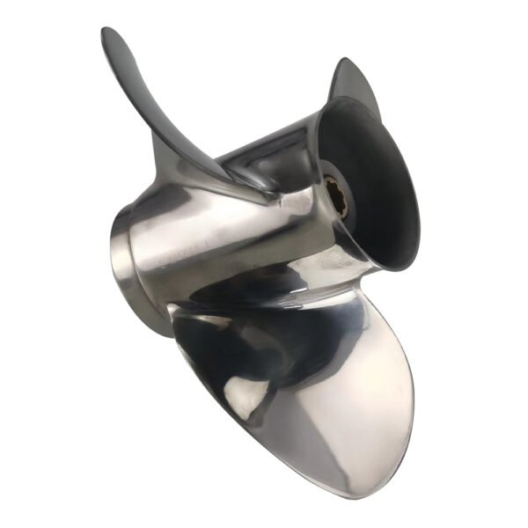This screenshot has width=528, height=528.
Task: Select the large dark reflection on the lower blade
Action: click(220, 352)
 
